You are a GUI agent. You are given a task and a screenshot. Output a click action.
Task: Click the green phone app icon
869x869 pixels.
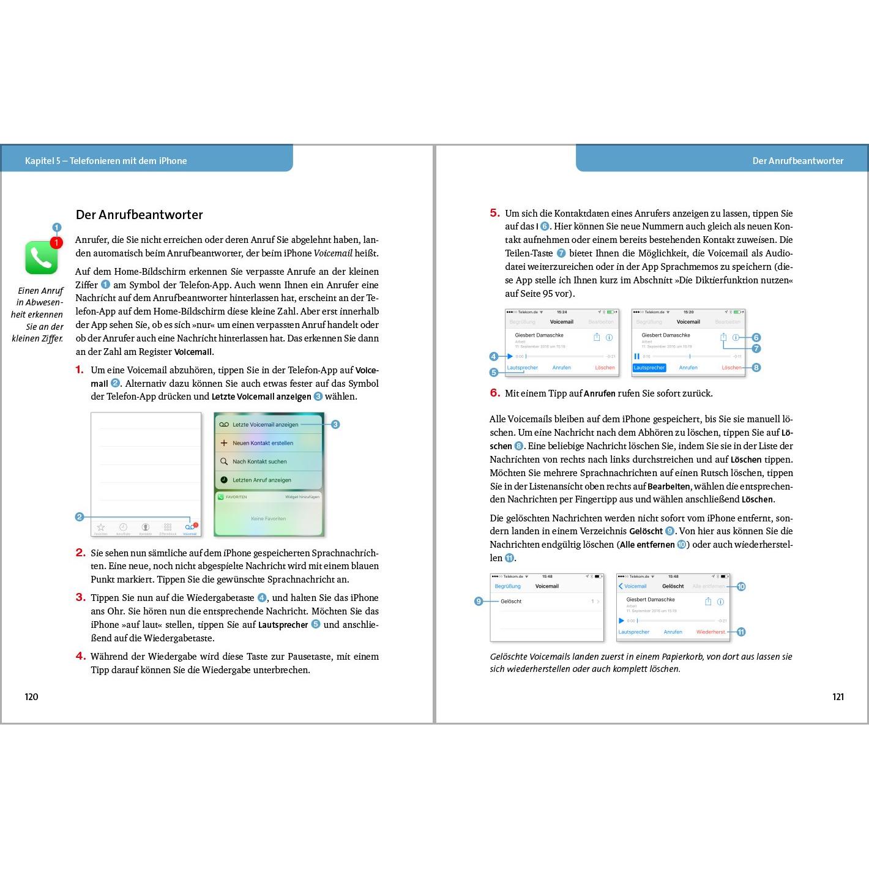tap(41, 258)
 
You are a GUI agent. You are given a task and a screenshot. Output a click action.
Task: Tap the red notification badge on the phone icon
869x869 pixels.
tap(56, 243)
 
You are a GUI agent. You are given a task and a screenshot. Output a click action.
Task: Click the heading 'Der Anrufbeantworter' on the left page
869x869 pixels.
tap(139, 215)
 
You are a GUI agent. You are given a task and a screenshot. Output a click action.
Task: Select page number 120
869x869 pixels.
tap(31, 696)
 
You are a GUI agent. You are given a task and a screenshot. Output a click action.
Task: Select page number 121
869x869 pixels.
tap(838, 696)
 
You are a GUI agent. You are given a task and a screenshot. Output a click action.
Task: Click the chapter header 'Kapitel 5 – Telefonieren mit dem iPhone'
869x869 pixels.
tap(106, 161)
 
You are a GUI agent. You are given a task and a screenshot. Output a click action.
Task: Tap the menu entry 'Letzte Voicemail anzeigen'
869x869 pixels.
tap(265, 425)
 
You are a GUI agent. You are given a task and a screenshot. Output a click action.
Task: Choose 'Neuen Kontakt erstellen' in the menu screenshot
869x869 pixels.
tap(263, 443)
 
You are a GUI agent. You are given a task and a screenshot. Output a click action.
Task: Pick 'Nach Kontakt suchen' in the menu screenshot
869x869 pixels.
tap(259, 461)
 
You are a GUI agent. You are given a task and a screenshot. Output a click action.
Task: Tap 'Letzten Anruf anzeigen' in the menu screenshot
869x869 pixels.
tap(262, 480)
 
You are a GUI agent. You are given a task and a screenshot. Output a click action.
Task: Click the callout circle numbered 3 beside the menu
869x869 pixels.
tap(335, 425)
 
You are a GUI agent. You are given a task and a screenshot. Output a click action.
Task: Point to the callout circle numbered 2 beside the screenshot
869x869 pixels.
tap(80, 517)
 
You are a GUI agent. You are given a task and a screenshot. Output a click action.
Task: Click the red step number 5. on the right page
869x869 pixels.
tap(494, 213)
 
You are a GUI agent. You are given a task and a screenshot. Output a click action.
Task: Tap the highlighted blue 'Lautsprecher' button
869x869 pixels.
tap(649, 368)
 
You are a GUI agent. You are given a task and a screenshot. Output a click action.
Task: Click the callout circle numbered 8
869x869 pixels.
tap(756, 368)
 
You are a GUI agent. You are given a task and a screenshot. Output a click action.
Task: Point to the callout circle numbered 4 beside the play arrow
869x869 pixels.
tap(494, 356)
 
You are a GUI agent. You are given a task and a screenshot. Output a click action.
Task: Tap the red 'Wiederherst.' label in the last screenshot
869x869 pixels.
tap(710, 632)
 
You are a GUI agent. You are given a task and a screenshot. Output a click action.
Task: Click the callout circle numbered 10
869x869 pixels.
tap(741, 587)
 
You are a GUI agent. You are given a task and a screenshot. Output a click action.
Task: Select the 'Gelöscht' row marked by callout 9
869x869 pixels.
tap(511, 602)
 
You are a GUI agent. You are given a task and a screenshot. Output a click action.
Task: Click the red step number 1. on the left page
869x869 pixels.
tap(80, 370)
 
